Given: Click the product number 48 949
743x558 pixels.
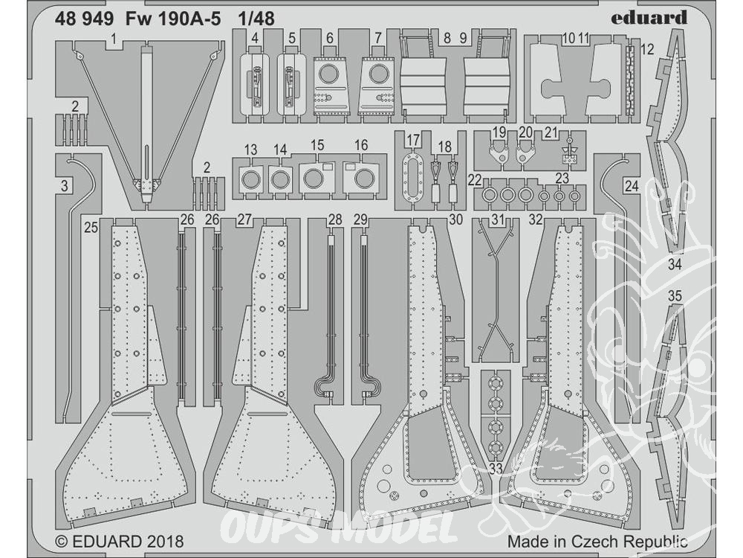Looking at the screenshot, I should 88,18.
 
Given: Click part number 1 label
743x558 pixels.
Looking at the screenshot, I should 112,37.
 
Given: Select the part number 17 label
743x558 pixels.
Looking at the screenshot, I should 413,139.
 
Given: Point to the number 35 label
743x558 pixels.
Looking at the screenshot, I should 674,296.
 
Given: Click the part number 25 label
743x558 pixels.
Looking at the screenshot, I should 91,228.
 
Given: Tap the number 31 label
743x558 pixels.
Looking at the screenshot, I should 498,219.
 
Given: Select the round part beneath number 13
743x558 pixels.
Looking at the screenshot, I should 252,179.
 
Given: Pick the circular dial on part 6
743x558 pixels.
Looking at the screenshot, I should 328,75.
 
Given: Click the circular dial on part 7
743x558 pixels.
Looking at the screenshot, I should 380,75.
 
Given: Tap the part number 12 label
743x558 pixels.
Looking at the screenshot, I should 647,51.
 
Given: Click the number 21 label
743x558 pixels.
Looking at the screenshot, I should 551,132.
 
